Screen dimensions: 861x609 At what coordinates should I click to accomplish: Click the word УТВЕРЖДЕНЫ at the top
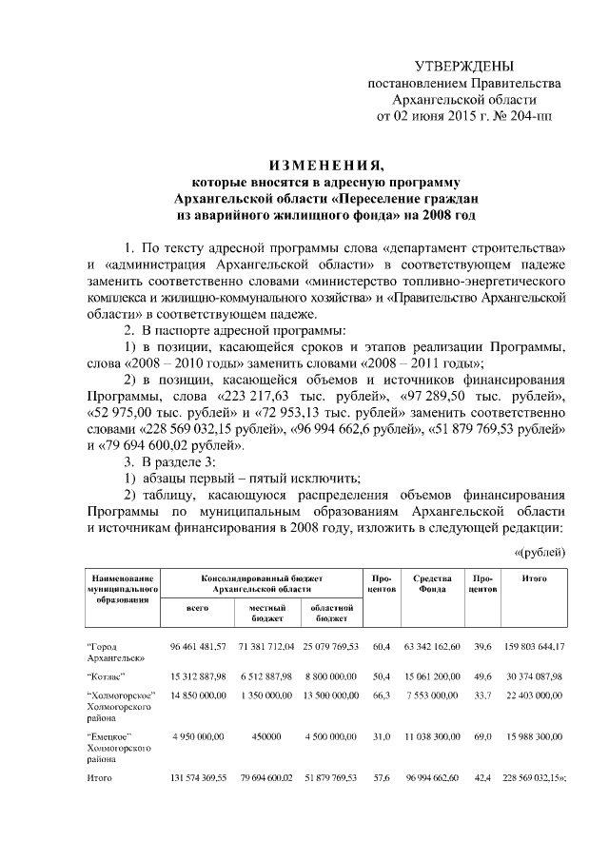pos(464,66)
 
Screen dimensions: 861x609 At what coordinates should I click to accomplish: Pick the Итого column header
pos(534,577)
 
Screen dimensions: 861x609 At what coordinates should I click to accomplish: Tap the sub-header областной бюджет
pos(332,612)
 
